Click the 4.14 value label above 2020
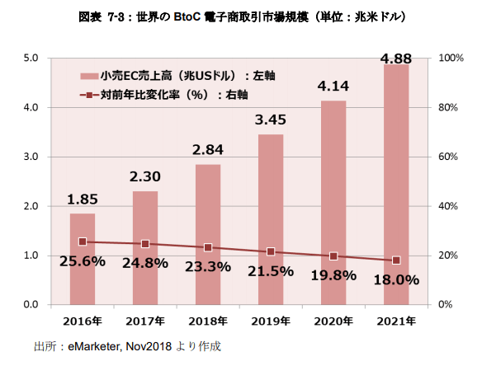point(333,84)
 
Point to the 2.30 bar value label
point(145,176)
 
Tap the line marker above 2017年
point(145,244)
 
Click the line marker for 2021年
point(396,260)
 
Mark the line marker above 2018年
point(208,247)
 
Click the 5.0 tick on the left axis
point(31,58)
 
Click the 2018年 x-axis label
point(208,320)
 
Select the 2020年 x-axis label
point(333,320)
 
